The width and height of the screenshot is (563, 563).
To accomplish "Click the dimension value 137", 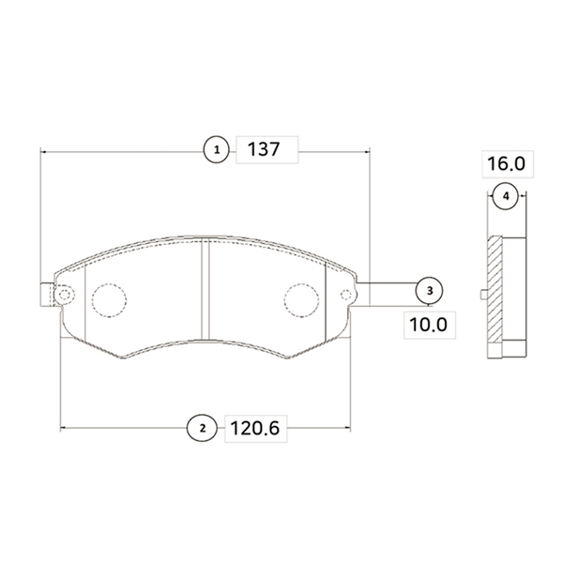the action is [x=264, y=149].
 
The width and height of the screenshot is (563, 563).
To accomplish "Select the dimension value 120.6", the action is [x=254, y=429].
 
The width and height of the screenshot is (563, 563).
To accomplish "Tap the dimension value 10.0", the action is [x=429, y=325].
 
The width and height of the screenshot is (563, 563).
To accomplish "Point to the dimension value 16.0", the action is [x=507, y=164].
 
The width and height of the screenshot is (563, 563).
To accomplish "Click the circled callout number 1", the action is [x=216, y=150].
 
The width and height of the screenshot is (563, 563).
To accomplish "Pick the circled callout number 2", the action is [x=202, y=428].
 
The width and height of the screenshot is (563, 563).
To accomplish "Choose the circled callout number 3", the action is [x=430, y=291].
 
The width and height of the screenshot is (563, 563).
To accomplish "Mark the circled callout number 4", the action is [x=506, y=196].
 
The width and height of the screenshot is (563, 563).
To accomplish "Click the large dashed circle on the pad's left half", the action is [x=109, y=300].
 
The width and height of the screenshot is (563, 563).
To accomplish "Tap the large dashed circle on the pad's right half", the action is [x=301, y=300].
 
